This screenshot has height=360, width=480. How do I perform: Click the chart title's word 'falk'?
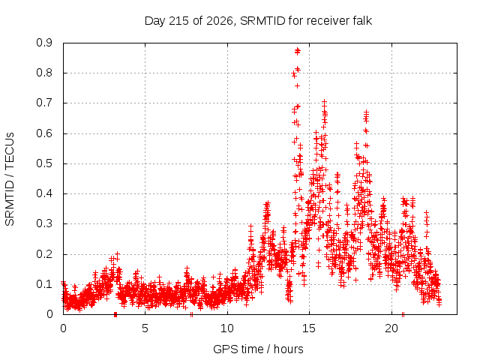[362, 21]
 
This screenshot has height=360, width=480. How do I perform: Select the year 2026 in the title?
[219, 21]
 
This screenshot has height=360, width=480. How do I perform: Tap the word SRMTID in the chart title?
[262, 21]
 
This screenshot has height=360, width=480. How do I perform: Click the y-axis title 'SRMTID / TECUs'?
[10, 179]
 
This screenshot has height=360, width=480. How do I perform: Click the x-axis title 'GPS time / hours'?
[258, 349]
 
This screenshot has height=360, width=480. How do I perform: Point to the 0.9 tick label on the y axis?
[44, 43]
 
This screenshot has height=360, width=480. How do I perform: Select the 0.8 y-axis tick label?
[44, 73]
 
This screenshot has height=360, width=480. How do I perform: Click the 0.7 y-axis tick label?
[44, 103]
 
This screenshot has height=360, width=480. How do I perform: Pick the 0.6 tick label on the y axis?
[44, 133]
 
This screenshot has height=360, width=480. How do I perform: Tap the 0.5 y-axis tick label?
[44, 163]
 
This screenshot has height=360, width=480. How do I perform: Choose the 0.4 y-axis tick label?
[44, 193]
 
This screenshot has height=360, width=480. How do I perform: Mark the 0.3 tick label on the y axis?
[44, 223]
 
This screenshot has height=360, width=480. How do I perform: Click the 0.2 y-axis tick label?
[44, 254]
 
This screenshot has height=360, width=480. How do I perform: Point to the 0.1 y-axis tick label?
[44, 284]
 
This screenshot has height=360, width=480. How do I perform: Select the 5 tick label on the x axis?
[145, 328]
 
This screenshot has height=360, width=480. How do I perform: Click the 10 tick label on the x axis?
[227, 328]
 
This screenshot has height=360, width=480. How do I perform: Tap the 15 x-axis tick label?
[309, 328]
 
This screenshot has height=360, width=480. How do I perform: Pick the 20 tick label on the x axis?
[391, 328]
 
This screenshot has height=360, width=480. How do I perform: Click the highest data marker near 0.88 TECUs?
[297, 50]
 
